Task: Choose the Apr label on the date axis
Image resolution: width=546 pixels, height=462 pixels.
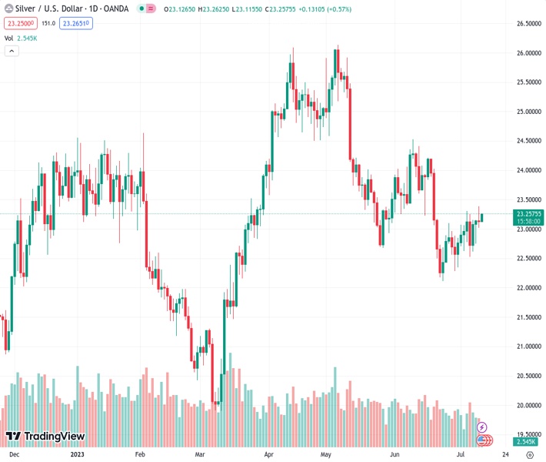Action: click(268, 454)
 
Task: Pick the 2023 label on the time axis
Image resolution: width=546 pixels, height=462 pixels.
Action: click(77, 454)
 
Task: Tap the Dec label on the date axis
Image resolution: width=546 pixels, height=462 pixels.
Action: click(14, 454)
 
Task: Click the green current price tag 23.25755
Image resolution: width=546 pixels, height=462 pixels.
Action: click(528, 213)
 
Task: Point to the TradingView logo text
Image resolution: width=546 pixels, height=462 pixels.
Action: click(54, 437)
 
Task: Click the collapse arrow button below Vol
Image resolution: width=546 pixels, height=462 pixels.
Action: click(12, 51)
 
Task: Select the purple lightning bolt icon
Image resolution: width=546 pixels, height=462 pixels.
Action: click(482, 427)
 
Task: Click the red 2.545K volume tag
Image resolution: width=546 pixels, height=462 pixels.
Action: click(528, 442)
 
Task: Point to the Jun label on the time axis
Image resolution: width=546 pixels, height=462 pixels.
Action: click(395, 454)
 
